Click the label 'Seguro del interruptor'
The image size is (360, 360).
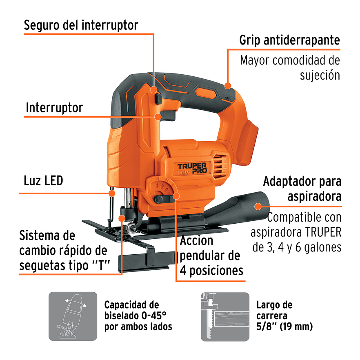tap(81, 25)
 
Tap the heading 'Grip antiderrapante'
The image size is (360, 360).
tap(289, 40)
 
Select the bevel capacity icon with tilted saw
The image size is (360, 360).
tap(73, 316)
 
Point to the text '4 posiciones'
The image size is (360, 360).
tap(211, 270)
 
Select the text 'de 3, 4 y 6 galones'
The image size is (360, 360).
tap(297, 247)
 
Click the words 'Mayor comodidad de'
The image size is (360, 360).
tap(289, 60)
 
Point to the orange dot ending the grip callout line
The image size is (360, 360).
tap(228, 86)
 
